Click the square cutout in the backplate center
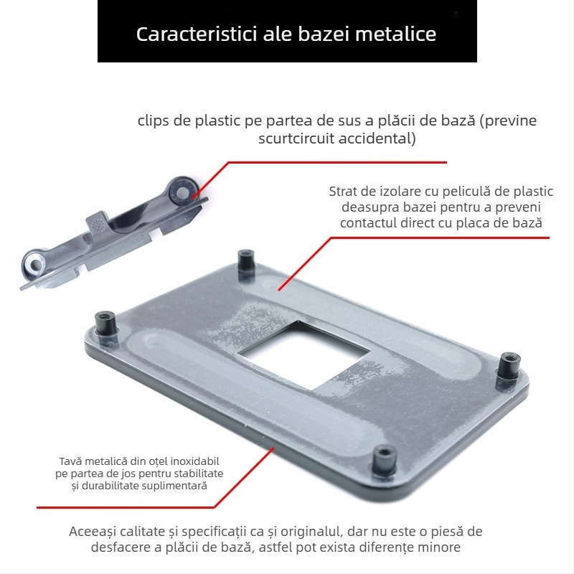pos(304,355)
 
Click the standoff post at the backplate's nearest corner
pos(385,461)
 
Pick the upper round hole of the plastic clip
pos(183,192)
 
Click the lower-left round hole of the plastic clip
pos(34,265)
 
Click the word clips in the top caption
pos(154,121)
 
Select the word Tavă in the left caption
pos(71,461)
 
